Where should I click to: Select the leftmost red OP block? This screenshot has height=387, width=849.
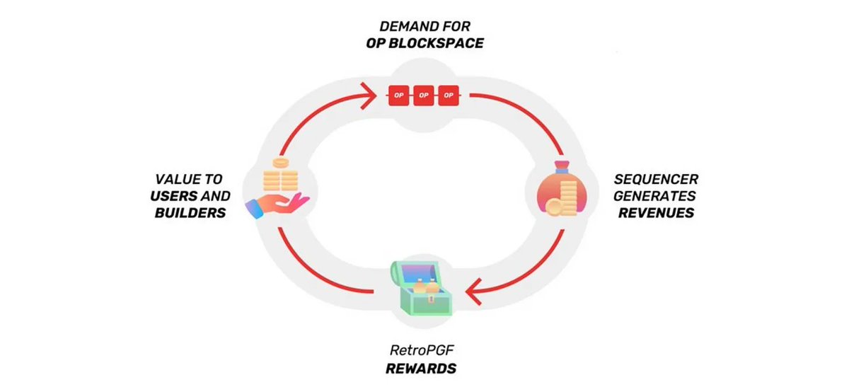click(398, 95)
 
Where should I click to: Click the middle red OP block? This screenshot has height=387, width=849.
click(423, 95)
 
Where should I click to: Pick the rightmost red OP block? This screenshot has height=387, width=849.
click(449, 95)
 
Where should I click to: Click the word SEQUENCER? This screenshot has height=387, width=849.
click(656, 180)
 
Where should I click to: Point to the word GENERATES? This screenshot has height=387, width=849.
click(654, 196)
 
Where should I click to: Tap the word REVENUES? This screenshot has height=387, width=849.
click(656, 212)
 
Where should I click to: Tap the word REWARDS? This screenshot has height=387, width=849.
click(421, 369)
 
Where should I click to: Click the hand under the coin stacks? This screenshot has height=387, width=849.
click(277, 204)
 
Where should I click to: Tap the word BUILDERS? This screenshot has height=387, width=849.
click(190, 212)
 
